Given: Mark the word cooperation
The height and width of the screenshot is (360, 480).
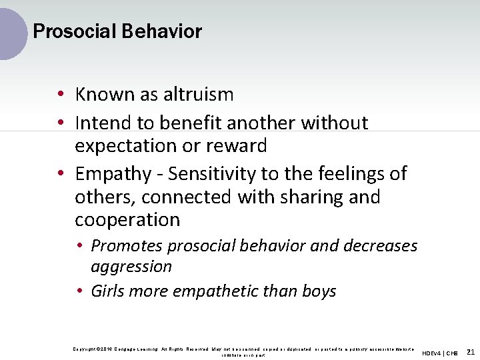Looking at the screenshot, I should point(127,220).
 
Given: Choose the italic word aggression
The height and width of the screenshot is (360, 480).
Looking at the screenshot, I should point(131,267).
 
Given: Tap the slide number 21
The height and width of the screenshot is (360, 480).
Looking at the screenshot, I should point(471,351).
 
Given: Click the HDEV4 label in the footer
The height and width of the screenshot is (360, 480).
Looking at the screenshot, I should point(434,352).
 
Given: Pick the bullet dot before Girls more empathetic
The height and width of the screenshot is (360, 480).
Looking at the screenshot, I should point(80,291).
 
